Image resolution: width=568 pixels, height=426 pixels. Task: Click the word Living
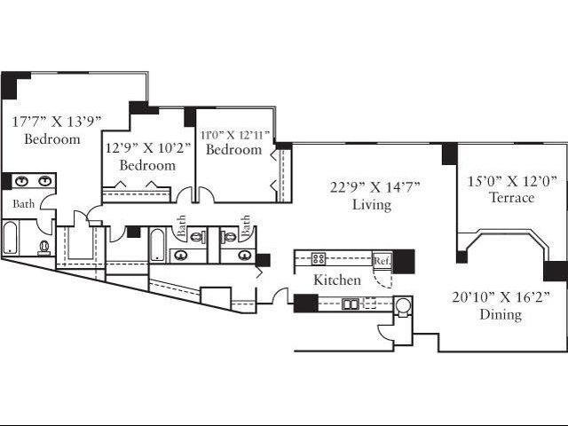(372, 205)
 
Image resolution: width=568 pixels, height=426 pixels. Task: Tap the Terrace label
(511, 197)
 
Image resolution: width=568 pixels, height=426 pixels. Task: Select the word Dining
(501, 314)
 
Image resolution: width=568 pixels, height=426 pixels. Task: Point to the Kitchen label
(337, 280)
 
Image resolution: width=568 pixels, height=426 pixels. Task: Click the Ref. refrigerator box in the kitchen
(383, 260)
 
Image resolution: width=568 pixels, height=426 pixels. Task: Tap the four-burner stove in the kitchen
(319, 258)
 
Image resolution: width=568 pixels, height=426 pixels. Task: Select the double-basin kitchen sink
(351, 304)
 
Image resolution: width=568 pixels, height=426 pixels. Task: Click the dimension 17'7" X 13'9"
(56, 122)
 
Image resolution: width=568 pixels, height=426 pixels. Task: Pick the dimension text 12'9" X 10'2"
(148, 148)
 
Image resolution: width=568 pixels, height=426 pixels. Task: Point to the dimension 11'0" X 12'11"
(235, 135)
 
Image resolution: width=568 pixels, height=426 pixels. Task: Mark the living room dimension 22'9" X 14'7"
(375, 187)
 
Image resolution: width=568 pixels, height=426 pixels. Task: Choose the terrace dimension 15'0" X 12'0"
(511, 181)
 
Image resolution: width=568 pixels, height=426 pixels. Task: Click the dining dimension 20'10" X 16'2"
(501, 297)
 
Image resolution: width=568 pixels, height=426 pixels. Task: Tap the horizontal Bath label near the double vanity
(24, 204)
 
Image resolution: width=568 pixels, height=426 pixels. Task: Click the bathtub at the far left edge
(10, 238)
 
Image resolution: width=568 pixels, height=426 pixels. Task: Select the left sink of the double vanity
(22, 180)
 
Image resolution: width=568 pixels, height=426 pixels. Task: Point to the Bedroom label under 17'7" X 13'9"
(52, 139)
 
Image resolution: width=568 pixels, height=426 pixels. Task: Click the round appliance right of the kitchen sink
(403, 306)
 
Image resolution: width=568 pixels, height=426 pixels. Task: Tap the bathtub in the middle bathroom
(157, 245)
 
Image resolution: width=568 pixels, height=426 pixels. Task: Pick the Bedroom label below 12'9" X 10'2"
(147, 166)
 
